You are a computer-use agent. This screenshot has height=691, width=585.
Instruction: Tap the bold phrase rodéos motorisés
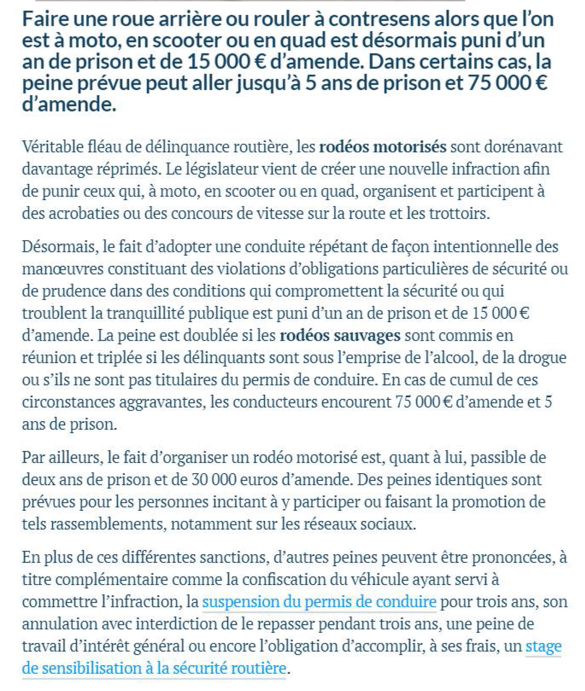click(x=383, y=147)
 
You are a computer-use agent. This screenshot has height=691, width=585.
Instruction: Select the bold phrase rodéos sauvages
click(x=340, y=336)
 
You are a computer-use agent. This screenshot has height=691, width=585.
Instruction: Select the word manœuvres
click(x=62, y=269)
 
